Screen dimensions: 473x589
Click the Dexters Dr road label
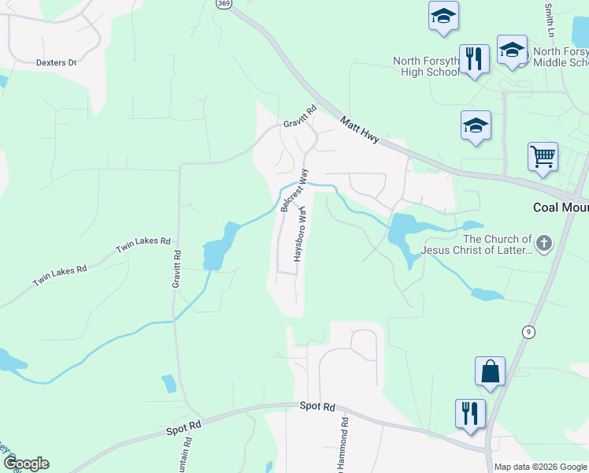(55, 61)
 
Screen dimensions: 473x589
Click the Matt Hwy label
(360, 129)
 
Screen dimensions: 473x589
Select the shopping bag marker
(489, 371)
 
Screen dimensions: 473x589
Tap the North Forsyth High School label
(426, 66)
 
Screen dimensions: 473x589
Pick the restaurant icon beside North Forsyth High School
(474, 59)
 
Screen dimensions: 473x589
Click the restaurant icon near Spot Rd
(470, 412)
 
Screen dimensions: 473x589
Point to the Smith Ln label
(549, 20)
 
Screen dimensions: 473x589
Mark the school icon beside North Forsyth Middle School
(512, 50)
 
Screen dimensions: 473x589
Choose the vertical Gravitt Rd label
(177, 268)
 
